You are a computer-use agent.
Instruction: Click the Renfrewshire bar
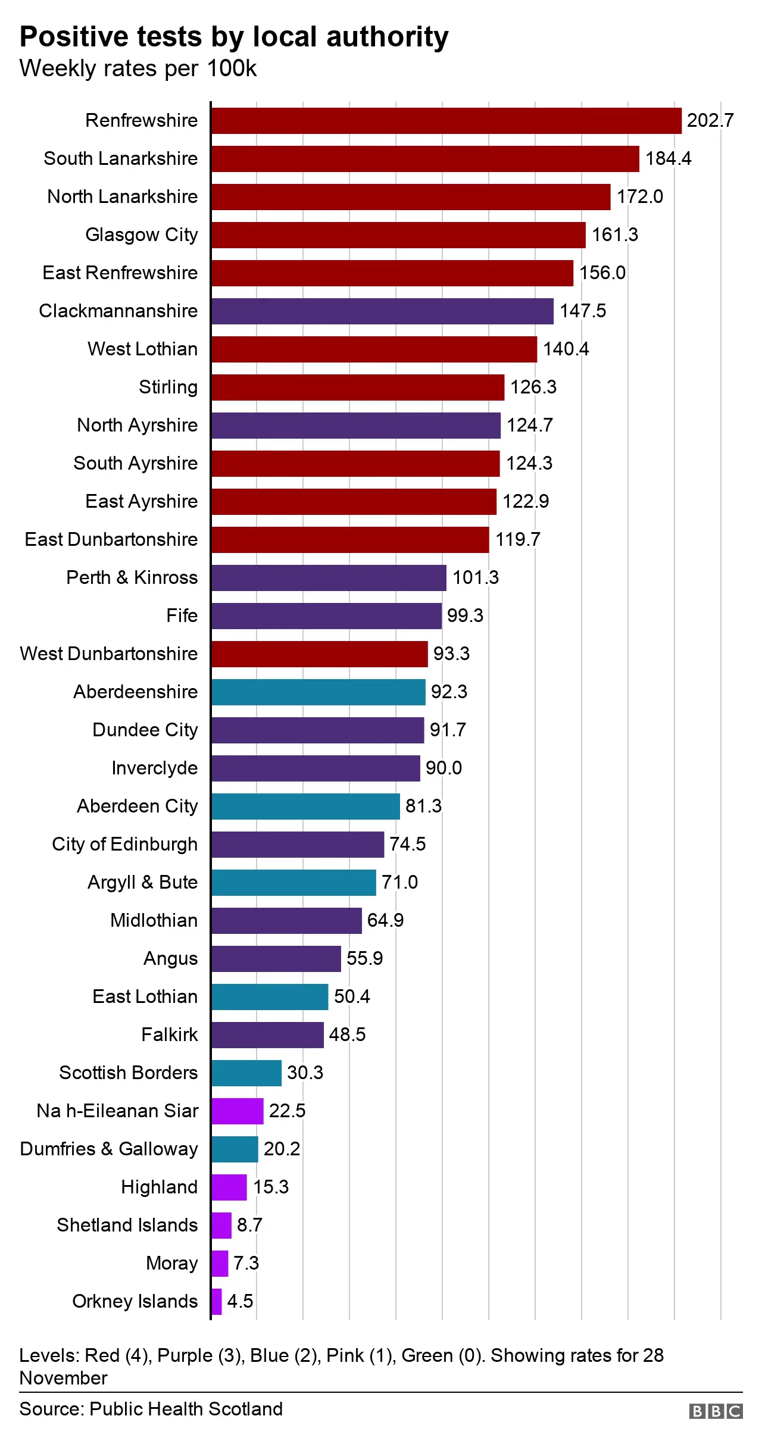(x=446, y=121)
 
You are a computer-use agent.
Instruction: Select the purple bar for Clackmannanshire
(x=382, y=311)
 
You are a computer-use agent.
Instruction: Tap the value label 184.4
(x=668, y=159)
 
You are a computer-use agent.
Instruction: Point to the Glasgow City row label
(x=141, y=235)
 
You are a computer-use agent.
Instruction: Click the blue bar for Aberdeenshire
(x=318, y=692)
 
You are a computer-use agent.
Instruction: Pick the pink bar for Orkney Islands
(x=217, y=1302)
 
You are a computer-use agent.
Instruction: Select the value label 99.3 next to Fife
(x=465, y=616)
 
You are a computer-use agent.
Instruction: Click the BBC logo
(x=716, y=1411)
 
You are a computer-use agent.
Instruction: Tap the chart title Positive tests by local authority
(x=234, y=37)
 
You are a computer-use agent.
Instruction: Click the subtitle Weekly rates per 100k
(x=138, y=69)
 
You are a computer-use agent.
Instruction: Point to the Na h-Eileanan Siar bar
(x=238, y=1111)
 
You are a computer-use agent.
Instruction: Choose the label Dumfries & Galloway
(x=108, y=1149)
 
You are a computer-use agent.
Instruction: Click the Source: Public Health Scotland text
(x=151, y=1409)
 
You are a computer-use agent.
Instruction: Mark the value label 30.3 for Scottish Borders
(x=305, y=1073)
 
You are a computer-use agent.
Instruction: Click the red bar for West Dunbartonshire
(x=320, y=654)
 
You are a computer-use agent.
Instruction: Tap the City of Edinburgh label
(x=124, y=845)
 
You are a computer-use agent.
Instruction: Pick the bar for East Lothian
(x=270, y=997)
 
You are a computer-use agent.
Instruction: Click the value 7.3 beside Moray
(x=246, y=1264)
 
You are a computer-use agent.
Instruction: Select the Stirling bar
(x=358, y=387)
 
